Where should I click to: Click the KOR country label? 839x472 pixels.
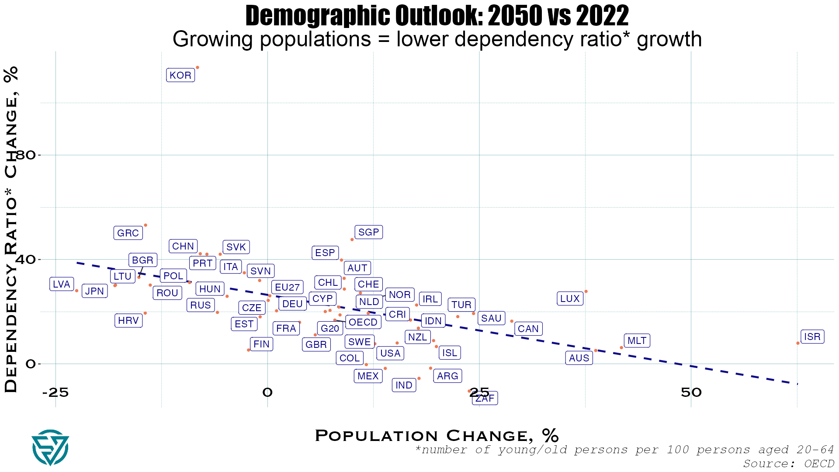(180, 75)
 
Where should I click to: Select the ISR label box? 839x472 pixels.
(812, 337)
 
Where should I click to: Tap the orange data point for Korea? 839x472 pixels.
(198, 67)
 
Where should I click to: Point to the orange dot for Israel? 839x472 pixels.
(798, 343)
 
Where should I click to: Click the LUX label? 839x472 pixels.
(570, 298)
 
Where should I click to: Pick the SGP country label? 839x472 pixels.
(368, 232)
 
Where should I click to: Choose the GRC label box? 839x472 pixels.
(128, 233)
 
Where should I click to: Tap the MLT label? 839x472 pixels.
(637, 340)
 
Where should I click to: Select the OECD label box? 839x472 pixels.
(363, 322)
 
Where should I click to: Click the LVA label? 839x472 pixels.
(62, 284)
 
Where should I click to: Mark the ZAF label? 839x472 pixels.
(485, 398)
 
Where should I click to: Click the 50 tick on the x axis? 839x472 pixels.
(691, 392)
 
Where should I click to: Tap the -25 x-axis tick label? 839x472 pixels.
(55, 392)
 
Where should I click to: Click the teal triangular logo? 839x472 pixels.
(50, 448)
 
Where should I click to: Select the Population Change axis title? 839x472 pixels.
(437, 435)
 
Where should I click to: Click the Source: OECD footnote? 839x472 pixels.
(788, 463)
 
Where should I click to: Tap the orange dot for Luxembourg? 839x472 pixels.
(586, 292)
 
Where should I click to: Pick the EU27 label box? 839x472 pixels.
(287, 287)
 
